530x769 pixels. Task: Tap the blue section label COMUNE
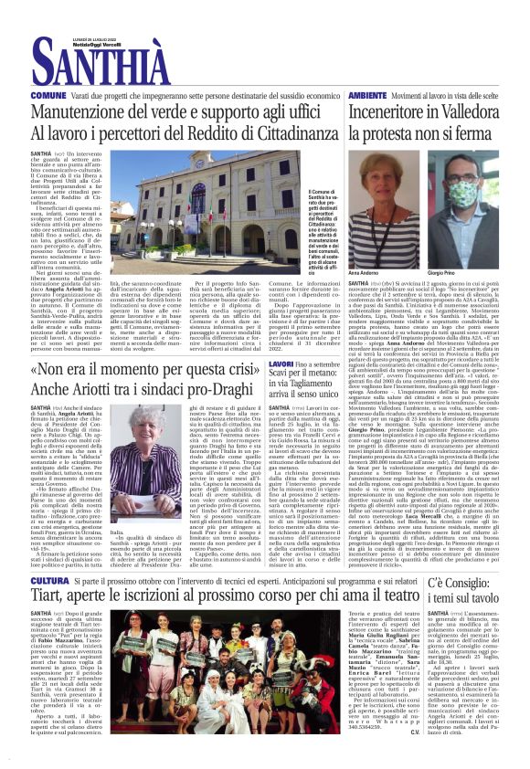pyautogui.click(x=48, y=95)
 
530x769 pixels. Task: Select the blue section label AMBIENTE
pyautogui.click(x=367, y=95)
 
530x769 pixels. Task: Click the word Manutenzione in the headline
pyautogui.click(x=87, y=112)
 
